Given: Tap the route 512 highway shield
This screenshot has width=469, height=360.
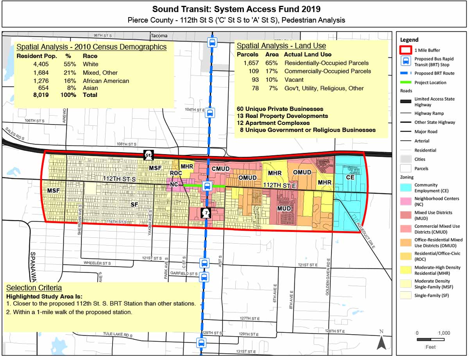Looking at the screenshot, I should click(x=148, y=155).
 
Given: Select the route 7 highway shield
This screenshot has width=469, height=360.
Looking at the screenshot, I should click(x=206, y=213).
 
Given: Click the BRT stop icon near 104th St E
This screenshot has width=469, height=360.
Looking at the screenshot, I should click(x=210, y=113).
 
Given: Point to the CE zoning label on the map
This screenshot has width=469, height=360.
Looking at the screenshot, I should click(x=350, y=177).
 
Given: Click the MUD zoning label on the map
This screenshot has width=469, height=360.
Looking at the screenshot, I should click(x=284, y=209).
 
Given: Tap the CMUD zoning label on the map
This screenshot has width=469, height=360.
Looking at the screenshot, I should click(x=220, y=169).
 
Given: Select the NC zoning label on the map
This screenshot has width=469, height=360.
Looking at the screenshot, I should click(x=174, y=184).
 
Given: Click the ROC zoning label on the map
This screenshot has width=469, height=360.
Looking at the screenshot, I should click(x=175, y=173).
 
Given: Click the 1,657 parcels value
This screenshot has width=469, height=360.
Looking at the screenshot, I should click(x=251, y=63).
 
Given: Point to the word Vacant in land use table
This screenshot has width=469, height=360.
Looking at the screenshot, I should click(x=294, y=80).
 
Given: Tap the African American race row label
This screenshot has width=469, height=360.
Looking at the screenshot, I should click(x=106, y=81).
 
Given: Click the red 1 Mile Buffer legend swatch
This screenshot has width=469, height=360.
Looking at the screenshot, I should click(x=406, y=50).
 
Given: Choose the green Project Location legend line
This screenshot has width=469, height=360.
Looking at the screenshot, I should click(x=406, y=82).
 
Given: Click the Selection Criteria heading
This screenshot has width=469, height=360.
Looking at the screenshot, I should click(x=34, y=288).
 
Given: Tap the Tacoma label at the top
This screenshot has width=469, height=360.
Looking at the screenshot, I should click(x=159, y=36).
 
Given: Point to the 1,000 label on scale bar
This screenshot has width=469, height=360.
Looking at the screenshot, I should click(x=444, y=333).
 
